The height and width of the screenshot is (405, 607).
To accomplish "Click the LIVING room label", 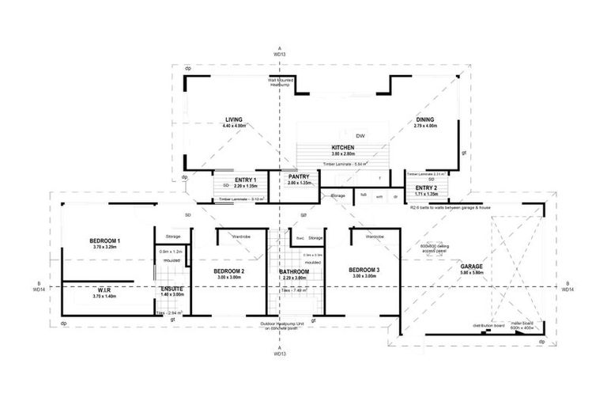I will tap(233, 119).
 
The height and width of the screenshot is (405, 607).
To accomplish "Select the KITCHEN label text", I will tap(342, 147).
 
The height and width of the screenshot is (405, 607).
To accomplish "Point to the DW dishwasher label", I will tap(360, 134).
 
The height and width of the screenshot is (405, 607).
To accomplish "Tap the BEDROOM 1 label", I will tap(104, 240).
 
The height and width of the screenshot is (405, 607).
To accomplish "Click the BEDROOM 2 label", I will tap(228, 271).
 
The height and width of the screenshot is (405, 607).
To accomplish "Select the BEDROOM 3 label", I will tap(364, 271).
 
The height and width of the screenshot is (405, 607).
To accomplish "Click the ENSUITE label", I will tap(172, 289).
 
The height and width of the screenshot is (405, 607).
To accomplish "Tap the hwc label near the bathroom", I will tap(300, 237).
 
